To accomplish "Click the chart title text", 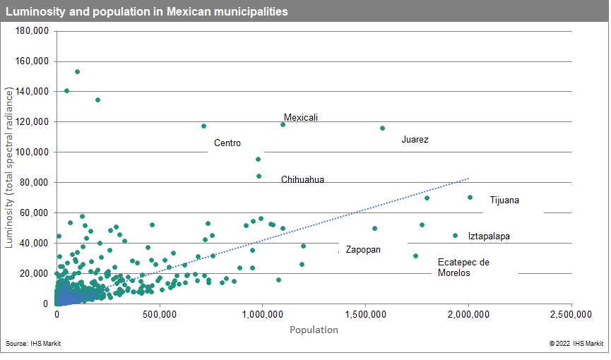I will coord(146,12).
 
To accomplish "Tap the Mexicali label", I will coord(301,117).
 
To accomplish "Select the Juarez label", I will coord(415,140).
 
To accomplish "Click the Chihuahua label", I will coord(302,179).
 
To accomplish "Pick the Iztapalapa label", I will coord(489,236).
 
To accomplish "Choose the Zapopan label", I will coord(363,250).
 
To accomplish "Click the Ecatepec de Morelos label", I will coord(463,267).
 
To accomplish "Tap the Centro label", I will coord(227,143).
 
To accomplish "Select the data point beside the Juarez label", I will coord(382,128).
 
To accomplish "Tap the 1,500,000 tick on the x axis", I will coord(365,313).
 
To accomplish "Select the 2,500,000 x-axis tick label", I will coord(571,313).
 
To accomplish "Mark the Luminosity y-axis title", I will coord(10,167).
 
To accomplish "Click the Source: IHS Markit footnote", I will coord(35,344).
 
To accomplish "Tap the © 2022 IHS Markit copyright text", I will coord(576,344).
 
